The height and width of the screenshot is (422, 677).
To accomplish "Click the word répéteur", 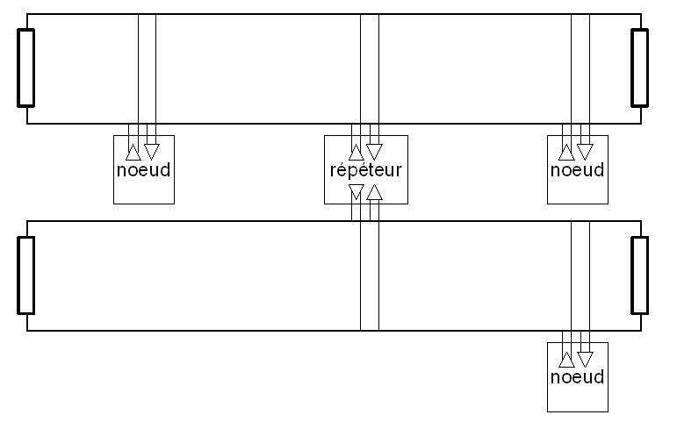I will (365, 170).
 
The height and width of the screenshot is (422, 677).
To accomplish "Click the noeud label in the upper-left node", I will (143, 170).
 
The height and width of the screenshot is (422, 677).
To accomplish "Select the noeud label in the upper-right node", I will (577, 170).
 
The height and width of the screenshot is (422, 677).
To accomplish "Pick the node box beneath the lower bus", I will (577, 377).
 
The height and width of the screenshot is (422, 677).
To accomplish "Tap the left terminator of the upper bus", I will (25, 68).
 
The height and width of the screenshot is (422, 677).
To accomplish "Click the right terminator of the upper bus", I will (639, 68).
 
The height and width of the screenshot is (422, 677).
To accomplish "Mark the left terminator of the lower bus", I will (25, 275).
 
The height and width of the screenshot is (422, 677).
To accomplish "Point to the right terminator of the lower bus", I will (639, 275).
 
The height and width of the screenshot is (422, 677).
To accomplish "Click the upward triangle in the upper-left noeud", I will (133, 153).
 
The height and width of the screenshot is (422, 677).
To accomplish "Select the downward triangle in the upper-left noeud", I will (152, 152).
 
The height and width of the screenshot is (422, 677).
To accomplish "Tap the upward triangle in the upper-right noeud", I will (567, 153).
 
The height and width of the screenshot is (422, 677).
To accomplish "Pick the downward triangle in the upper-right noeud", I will (586, 152).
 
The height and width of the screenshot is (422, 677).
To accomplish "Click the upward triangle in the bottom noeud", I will (567, 360).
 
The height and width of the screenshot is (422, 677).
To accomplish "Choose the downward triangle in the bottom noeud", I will (586, 359).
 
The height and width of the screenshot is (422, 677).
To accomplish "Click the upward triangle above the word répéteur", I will (356, 153).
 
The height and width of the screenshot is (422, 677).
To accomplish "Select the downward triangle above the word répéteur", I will (374, 152).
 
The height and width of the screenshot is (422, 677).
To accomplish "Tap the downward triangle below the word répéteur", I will (356, 191).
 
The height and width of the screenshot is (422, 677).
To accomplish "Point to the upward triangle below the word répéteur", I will (374, 192).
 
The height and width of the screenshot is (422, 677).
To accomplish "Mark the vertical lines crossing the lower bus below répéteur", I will (370, 275).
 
